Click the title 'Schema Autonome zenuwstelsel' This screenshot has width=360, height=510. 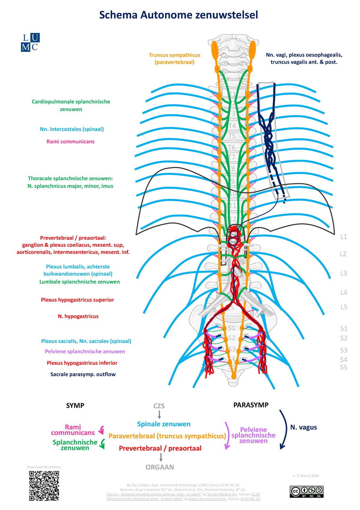click(x=178, y=15)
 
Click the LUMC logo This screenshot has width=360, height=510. click(x=30, y=42)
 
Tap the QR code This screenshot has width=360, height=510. click(x=44, y=486)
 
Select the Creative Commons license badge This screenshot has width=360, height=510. click(x=307, y=491)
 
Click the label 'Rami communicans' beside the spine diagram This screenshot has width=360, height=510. click(x=70, y=142)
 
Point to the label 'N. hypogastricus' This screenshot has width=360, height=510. click(x=78, y=316)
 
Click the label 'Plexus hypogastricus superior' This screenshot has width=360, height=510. click(x=77, y=300)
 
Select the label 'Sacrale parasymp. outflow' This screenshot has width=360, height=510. click(x=83, y=374)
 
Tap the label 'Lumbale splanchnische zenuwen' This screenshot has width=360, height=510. click(x=79, y=282)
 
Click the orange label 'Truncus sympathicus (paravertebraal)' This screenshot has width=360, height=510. click(x=175, y=58)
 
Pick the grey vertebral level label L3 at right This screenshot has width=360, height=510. click(x=343, y=273)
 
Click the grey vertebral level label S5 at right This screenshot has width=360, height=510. click(x=343, y=367)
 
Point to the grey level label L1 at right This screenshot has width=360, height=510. click(x=343, y=237)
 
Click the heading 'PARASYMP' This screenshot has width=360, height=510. click(x=251, y=405)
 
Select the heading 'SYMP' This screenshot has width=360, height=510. click(x=75, y=406)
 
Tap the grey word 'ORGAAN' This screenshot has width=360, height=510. click(x=160, y=467)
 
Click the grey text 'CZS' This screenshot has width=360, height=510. click(x=159, y=406)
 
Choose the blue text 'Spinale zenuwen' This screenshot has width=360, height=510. click(x=164, y=424)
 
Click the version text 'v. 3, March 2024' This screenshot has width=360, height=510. click(x=306, y=476)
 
